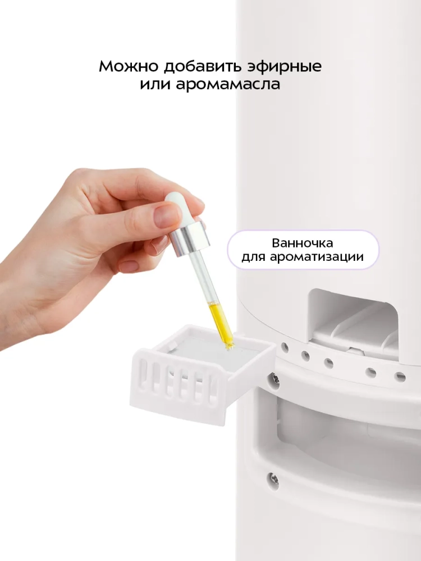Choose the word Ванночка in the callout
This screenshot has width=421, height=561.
pos(303,243)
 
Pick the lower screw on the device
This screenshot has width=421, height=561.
pos(274,477)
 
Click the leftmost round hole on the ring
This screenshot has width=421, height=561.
pos(285,346)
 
